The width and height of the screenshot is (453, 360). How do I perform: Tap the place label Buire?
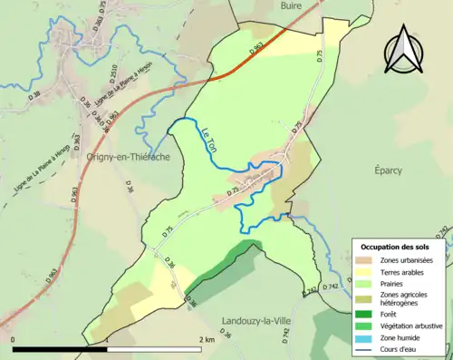coord(290,6)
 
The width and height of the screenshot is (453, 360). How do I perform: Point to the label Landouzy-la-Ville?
coord(256,321)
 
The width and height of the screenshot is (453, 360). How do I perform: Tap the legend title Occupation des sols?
coord(396,247)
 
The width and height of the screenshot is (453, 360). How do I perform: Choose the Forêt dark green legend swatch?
coord(365,314)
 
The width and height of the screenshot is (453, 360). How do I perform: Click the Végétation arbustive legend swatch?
coord(365,325)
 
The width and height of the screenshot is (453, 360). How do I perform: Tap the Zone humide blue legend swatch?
coord(365,336)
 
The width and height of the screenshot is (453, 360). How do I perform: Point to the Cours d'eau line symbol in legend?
coord(365,346)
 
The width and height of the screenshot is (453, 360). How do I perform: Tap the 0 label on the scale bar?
coord(14,339)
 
